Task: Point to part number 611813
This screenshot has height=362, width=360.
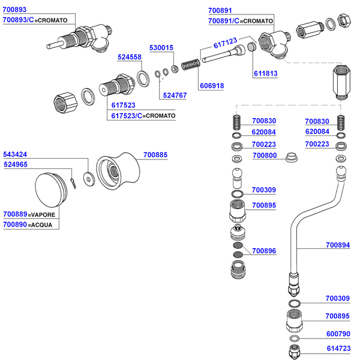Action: coord(264,73)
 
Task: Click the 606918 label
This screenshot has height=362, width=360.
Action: coord(211,86)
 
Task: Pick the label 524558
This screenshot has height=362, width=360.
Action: coord(130,57)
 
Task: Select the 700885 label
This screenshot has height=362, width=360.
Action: coord(155,155)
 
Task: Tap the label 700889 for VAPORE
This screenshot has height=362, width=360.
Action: coord(15,214)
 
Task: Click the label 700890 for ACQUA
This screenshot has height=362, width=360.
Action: coord(15,225)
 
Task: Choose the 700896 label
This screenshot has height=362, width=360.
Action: coord(264,251)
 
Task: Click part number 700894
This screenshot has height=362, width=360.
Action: coord(337,245)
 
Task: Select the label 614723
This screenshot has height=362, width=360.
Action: coord(337,348)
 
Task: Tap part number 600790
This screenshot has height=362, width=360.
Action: coord(337,334)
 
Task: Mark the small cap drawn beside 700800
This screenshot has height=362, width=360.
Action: coord(292,158)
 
